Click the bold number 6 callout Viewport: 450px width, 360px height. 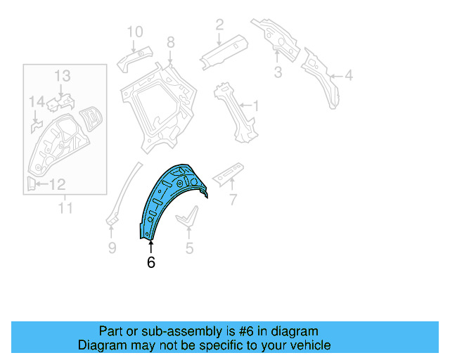click(150, 263)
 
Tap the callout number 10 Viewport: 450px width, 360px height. click(134, 32)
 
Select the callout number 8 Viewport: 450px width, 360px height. click(170, 44)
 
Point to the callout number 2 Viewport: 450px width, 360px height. click(219, 25)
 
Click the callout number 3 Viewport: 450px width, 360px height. click(277, 72)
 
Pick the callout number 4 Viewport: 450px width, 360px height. click(349, 76)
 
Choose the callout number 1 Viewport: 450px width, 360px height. click(256, 106)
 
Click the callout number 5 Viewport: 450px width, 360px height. click(188, 247)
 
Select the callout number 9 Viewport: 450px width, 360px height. click(111, 247)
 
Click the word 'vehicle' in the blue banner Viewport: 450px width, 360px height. click(309, 345)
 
